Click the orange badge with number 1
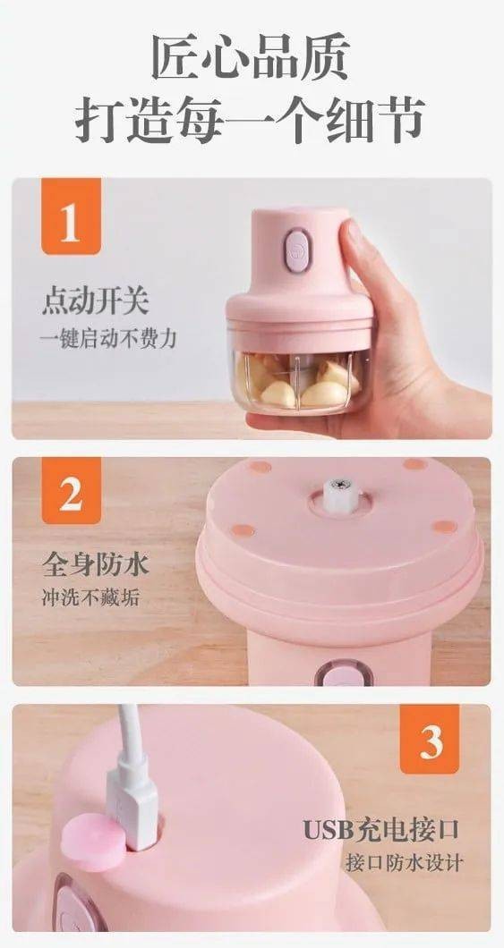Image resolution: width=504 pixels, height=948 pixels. (71, 216)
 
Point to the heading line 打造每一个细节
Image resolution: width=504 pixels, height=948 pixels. (251, 119)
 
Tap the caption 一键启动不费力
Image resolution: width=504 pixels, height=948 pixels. (108, 339)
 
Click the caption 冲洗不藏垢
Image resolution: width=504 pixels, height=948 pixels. (90, 598)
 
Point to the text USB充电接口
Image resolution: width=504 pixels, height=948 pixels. (381, 830)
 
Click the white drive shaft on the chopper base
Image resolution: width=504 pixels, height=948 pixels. (339, 494)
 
